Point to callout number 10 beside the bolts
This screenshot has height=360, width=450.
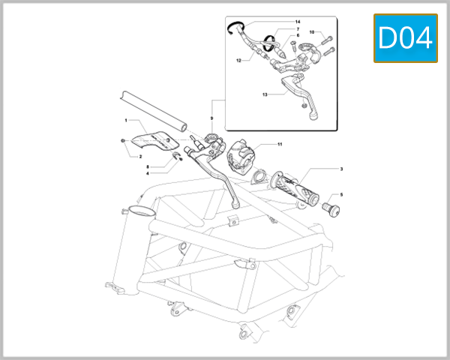[312, 33]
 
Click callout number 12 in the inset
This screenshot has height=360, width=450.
[238, 59]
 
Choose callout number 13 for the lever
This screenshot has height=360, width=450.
[265, 95]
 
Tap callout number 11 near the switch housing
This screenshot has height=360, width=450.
[279, 144]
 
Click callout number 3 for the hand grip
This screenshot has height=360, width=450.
[341, 169]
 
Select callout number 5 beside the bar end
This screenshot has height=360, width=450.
[341, 194]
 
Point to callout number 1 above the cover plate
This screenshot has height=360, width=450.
[126, 120]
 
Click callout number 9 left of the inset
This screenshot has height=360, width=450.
[212, 118]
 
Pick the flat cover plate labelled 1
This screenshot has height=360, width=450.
[150, 140]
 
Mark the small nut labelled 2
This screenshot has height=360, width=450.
[122, 140]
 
